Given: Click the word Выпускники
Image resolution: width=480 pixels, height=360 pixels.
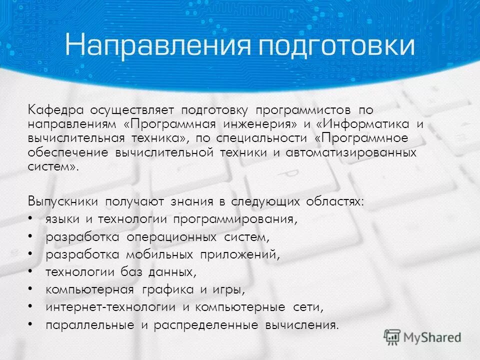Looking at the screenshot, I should click(x=63, y=201).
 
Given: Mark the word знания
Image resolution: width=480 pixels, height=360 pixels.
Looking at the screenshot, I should click(x=189, y=201).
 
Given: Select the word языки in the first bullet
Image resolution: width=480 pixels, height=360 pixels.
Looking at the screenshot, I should click(x=60, y=220).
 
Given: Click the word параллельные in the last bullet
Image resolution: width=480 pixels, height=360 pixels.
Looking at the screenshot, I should click(x=89, y=325).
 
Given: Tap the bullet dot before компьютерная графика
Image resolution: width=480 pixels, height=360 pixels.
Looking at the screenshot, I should click(x=31, y=289).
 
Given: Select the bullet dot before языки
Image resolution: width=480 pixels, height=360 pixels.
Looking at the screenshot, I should click(x=31, y=219).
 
